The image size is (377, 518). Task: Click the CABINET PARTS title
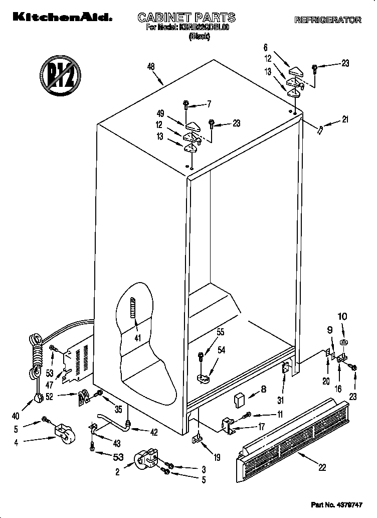(186, 18)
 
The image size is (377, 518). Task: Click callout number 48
(150, 66)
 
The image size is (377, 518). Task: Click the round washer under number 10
(343, 343)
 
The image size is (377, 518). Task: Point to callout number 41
(136, 337)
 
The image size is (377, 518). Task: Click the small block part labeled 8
(239, 400)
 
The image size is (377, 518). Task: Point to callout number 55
(220, 332)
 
